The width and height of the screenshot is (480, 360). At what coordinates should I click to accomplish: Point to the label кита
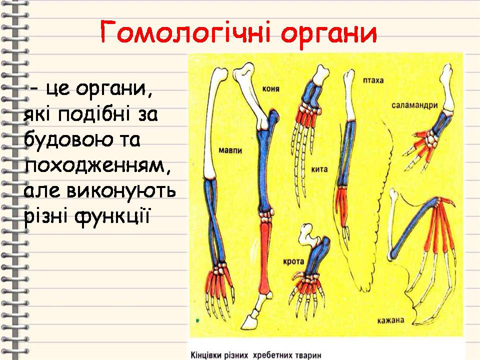pos(319,169)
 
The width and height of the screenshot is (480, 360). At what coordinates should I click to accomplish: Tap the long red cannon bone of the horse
pos(264,260)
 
